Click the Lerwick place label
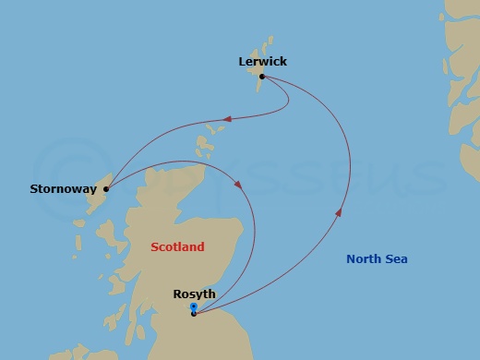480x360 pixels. click(262, 62)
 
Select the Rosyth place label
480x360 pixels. click(194, 294)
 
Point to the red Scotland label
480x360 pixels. click(178, 247)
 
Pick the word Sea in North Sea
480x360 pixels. click(397, 259)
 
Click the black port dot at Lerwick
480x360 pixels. click(262, 77)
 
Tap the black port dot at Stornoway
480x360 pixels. click(106, 190)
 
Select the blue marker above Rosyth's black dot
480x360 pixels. click(193, 306)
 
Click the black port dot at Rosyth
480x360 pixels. click(193, 314)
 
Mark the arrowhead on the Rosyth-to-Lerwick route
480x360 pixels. click(338, 213)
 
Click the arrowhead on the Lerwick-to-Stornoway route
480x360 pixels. click(226, 118)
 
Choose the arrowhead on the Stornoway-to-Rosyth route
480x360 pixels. click(238, 185)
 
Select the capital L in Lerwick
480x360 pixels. click(242, 62)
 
